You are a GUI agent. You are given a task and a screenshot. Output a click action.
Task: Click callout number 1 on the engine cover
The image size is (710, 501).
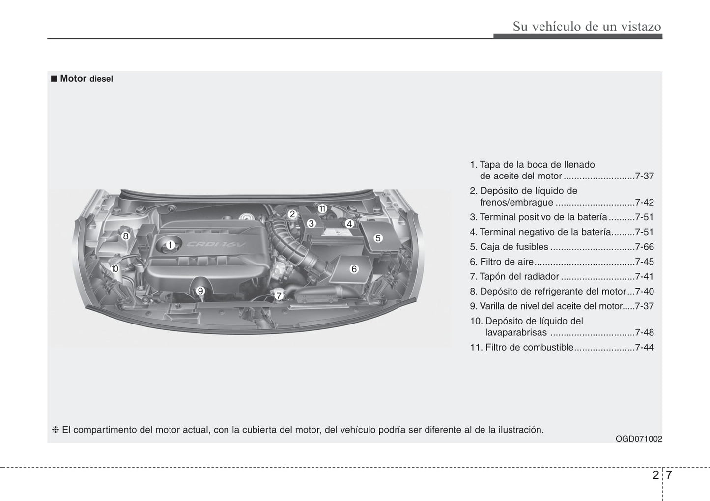click(x=170, y=245)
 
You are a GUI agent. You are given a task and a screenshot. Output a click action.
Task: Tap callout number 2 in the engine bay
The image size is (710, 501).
click(x=292, y=214)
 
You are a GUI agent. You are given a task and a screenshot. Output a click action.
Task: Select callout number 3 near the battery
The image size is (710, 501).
click(x=311, y=223)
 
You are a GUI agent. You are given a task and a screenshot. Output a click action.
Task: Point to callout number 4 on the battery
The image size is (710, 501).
click(x=349, y=224)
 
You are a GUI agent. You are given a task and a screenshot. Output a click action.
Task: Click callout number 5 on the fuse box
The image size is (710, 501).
click(x=378, y=238)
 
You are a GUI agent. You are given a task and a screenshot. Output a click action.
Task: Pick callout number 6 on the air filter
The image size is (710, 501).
click(x=354, y=269)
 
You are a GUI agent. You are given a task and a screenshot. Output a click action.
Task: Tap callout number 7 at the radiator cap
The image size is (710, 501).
click(x=279, y=295)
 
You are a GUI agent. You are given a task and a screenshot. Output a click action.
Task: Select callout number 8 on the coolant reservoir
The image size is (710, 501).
click(x=126, y=236)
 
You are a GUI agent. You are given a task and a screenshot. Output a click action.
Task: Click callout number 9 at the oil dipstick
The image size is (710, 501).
click(x=200, y=291)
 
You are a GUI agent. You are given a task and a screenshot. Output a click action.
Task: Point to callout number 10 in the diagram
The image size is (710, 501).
click(x=114, y=269)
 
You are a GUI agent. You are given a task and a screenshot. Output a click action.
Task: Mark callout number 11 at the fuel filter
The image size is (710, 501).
click(x=322, y=208)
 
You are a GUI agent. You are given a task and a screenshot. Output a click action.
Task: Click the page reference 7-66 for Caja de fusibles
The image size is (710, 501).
click(x=644, y=247)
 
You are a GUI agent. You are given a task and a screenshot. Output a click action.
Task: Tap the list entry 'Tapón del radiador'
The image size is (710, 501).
click(x=514, y=276)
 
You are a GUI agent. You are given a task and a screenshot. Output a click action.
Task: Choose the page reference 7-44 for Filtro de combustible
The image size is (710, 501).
click(x=644, y=347)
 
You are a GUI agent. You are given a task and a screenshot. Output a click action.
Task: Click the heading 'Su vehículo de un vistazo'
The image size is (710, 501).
click(x=587, y=27)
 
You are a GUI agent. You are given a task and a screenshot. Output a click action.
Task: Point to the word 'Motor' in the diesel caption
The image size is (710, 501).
click(x=73, y=78)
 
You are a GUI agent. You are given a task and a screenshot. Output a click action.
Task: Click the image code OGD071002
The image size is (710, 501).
click(x=638, y=439)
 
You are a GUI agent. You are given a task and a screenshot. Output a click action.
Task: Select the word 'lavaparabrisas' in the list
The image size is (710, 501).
click(x=515, y=332)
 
